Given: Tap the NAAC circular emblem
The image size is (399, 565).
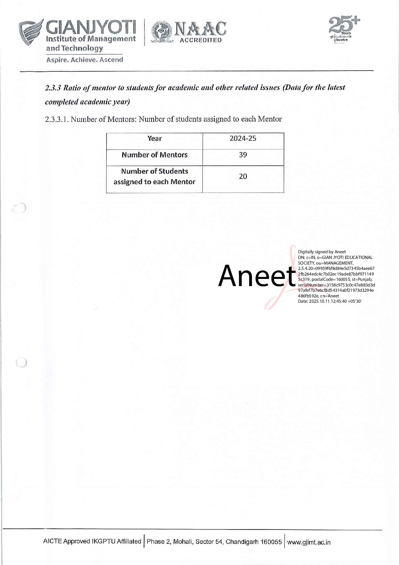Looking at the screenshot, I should [x=161, y=32].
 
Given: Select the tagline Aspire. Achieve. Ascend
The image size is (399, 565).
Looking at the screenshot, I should [x=85, y=60].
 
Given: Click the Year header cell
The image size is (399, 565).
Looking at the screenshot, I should [x=154, y=139].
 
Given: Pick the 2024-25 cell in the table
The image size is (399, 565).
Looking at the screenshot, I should [x=243, y=139].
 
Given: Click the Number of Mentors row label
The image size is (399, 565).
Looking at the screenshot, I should [x=154, y=155].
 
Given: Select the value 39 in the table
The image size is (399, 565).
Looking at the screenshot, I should [x=243, y=155].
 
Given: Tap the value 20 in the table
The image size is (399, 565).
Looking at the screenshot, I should [x=243, y=176].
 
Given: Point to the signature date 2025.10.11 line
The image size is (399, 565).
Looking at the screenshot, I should [x=330, y=301].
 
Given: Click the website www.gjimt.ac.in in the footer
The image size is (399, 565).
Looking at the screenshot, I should [x=309, y=542].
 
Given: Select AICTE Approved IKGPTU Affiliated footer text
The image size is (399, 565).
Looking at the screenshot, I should [x=92, y=542].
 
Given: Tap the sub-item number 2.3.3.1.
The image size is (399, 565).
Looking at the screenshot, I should [x=57, y=119].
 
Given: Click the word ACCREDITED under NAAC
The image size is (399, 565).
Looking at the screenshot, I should [x=201, y=40].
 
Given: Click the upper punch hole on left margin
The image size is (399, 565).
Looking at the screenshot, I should [x=19, y=208].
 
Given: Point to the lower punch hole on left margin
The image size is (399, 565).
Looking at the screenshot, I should [x=21, y=362].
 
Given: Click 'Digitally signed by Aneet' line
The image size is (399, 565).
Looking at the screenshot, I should [x=322, y=252].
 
